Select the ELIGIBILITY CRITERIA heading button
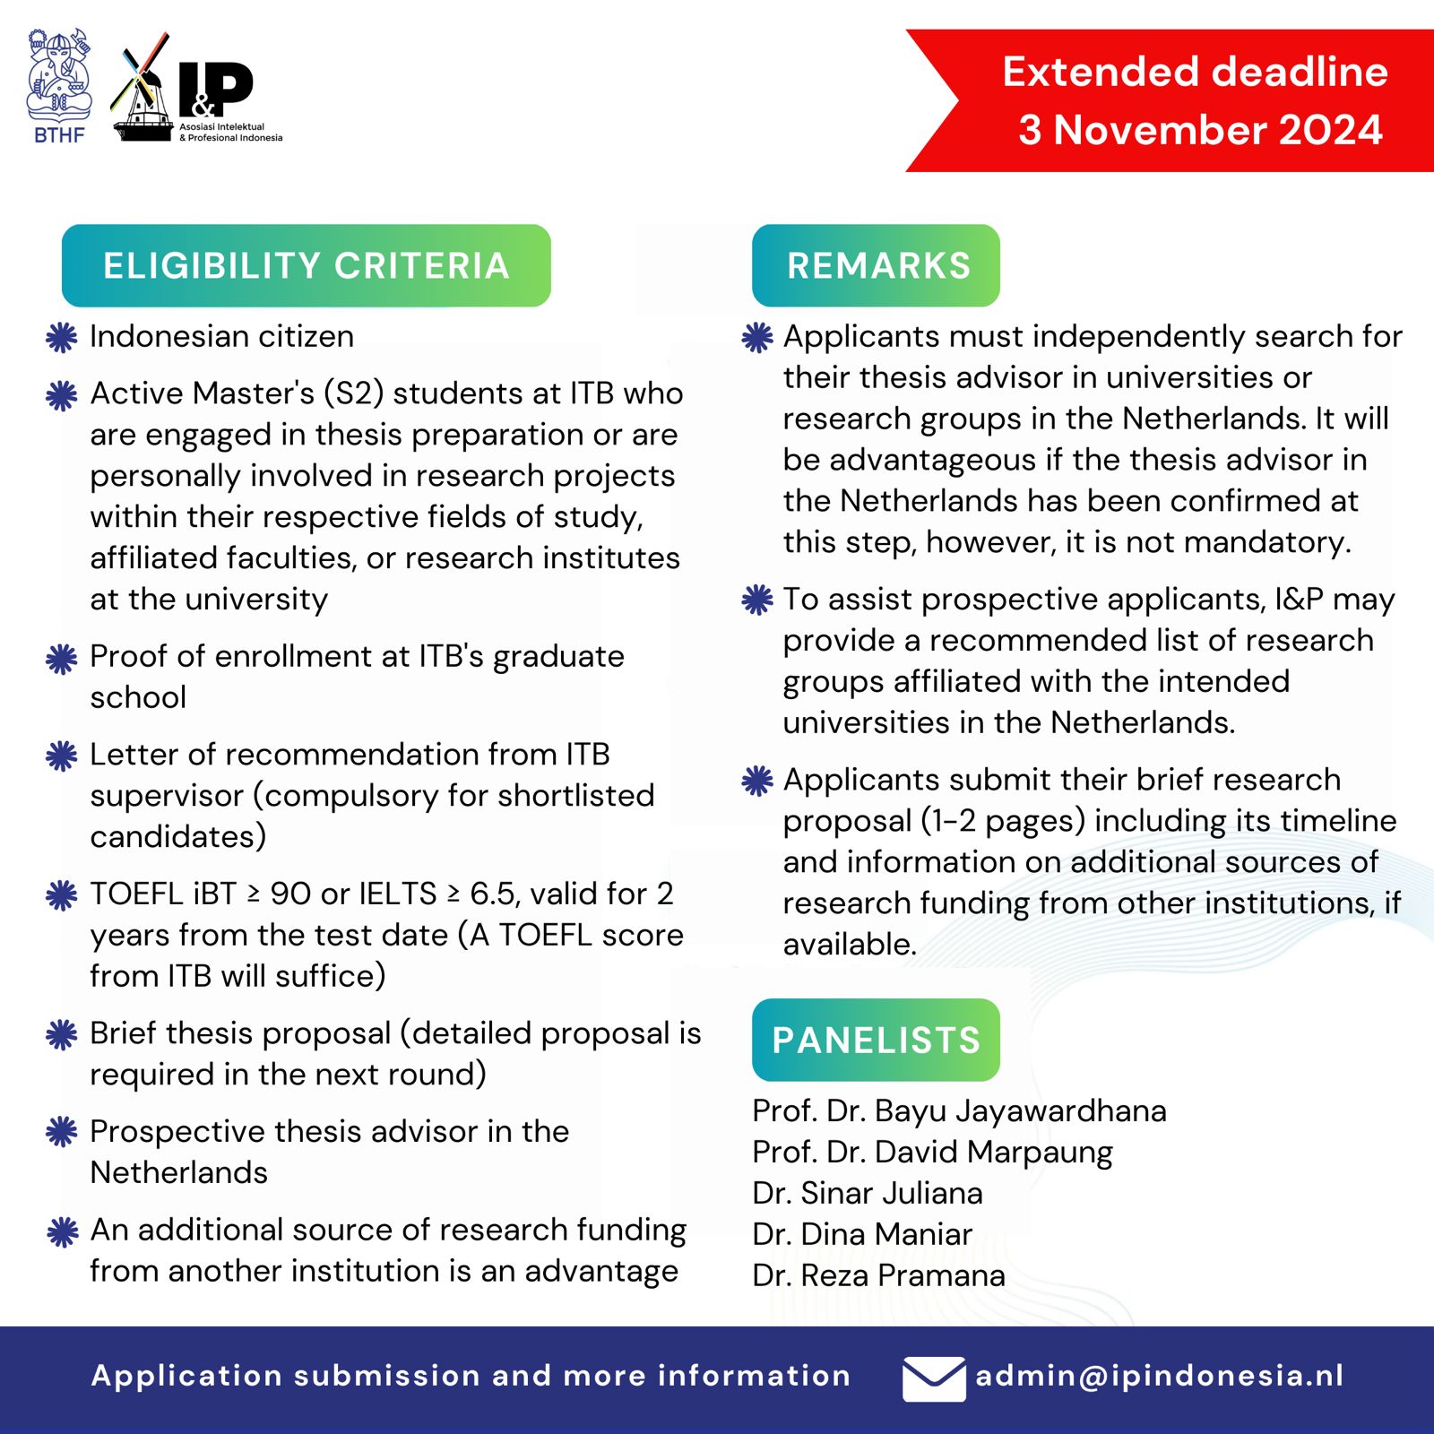click(306, 265)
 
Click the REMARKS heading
click(877, 265)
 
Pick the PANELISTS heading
click(876, 1040)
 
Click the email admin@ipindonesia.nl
click(1159, 1376)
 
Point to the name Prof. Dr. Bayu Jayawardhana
click(959, 1110)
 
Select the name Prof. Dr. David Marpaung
click(932, 1152)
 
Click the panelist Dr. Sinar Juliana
click(868, 1193)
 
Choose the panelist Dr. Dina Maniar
click(862, 1234)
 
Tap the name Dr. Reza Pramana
click(878, 1275)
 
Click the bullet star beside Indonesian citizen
click(61, 337)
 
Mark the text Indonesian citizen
click(221, 337)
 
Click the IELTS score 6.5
click(492, 894)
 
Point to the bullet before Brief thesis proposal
click(61, 1034)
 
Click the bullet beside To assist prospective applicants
click(757, 600)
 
